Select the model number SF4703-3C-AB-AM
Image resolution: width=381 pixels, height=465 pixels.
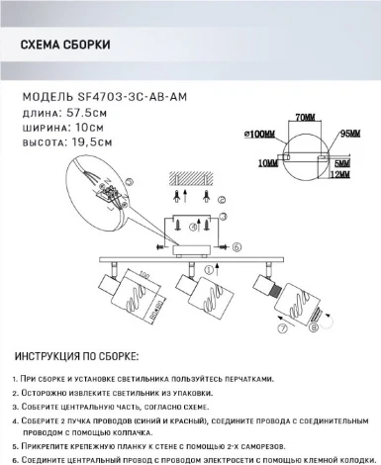(x=132, y=97)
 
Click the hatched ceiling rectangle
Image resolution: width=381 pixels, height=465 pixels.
(x=195, y=176)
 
